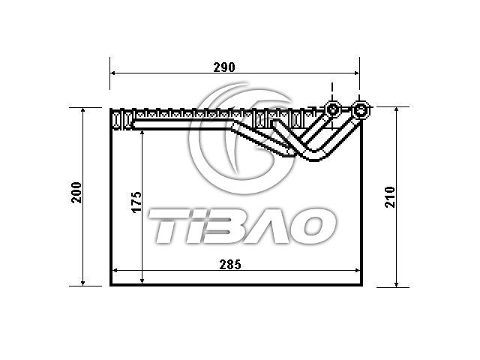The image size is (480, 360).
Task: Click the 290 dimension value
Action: [224, 67]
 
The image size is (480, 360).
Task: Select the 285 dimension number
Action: [230, 265]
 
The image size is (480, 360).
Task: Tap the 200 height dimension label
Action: [76, 193]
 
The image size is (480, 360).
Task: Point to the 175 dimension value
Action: [136, 202]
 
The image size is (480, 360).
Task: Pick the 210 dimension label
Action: [390, 197]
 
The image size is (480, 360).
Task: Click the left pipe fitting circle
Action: [333, 109]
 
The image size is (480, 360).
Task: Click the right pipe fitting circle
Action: [360, 109]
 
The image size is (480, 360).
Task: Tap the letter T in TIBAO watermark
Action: [166, 226]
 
